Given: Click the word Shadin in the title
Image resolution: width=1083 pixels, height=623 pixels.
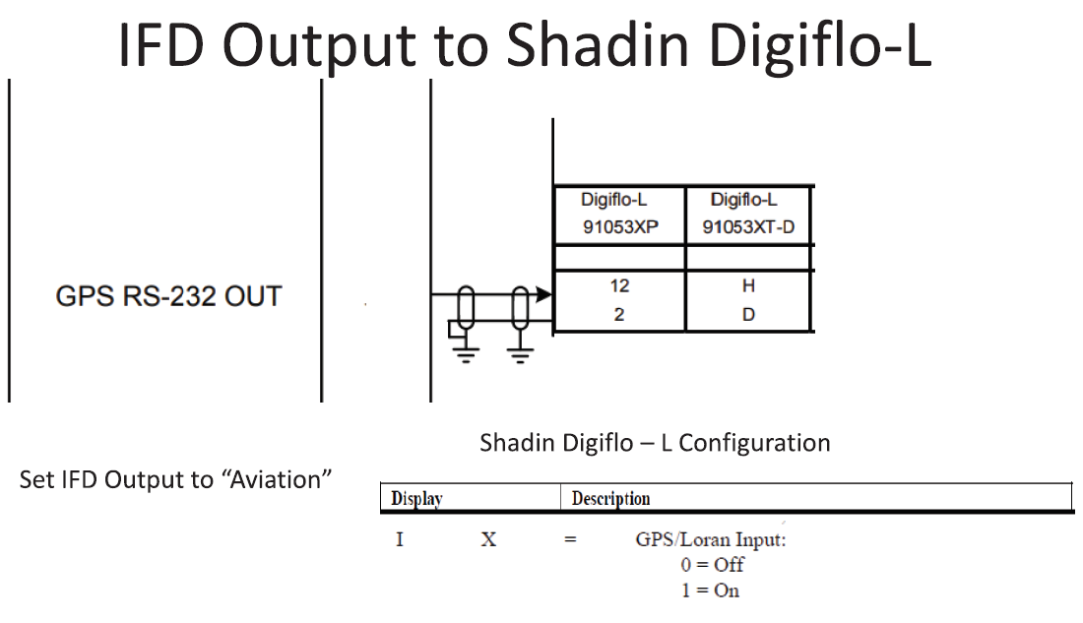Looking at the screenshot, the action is pos(599,45).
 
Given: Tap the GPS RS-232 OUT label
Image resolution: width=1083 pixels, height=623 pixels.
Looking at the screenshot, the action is pos(168,296).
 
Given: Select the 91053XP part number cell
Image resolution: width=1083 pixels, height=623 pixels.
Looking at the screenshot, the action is pos(620,226).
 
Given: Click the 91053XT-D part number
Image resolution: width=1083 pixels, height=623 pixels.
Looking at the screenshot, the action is pos(748,226).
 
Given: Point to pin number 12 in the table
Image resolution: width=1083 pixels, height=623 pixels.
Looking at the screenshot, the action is pos(619,286).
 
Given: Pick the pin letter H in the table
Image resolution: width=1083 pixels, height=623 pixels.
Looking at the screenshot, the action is pos(748,286).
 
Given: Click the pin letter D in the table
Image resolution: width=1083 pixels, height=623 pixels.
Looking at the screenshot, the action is pos(748,315).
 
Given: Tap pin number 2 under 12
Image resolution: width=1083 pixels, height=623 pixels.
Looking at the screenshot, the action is pos(619,315).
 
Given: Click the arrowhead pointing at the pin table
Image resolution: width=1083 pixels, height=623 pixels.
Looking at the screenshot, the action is pos(544,295).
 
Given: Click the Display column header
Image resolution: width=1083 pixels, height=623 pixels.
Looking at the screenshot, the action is pos(416,499).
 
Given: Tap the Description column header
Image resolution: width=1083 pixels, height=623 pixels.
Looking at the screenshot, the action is pos(610,499).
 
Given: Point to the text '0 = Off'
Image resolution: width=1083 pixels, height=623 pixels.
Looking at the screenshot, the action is pos(712,565).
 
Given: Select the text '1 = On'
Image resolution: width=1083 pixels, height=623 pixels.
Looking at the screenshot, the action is pos(710,591).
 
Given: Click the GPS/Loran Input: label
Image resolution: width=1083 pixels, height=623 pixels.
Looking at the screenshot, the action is pos(711,539).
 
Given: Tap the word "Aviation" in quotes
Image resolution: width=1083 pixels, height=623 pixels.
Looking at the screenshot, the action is pos(277,479).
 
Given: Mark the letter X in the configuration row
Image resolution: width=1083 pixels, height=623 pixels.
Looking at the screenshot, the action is pos(488,539).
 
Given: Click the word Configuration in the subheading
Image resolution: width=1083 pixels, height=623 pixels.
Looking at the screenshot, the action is pos(754,444).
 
